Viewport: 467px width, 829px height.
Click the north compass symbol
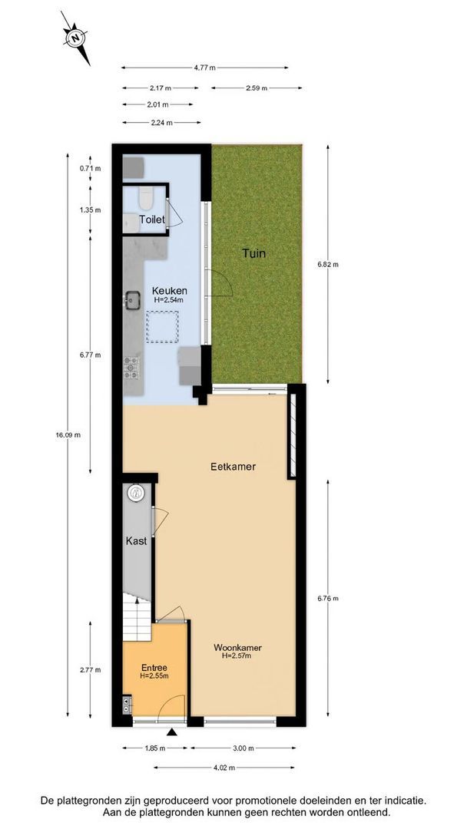coord(75,37)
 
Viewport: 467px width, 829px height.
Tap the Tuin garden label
coord(254,253)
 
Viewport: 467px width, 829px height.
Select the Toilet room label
coord(151,220)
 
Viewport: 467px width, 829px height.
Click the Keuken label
coord(167,291)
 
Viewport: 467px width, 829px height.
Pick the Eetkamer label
coord(233,466)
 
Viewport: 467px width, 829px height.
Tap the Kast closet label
coord(136,541)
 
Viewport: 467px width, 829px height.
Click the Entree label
coord(154,667)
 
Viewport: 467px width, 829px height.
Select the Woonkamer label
coord(235,646)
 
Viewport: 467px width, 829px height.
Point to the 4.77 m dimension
coord(204,68)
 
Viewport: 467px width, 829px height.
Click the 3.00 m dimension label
coord(243,748)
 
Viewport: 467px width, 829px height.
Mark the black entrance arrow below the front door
coord(172,733)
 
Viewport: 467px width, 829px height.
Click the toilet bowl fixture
coord(146,200)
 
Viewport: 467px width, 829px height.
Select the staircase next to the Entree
coord(135,611)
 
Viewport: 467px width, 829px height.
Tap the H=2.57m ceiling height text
coord(236,656)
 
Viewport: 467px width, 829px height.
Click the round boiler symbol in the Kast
coord(136,492)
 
